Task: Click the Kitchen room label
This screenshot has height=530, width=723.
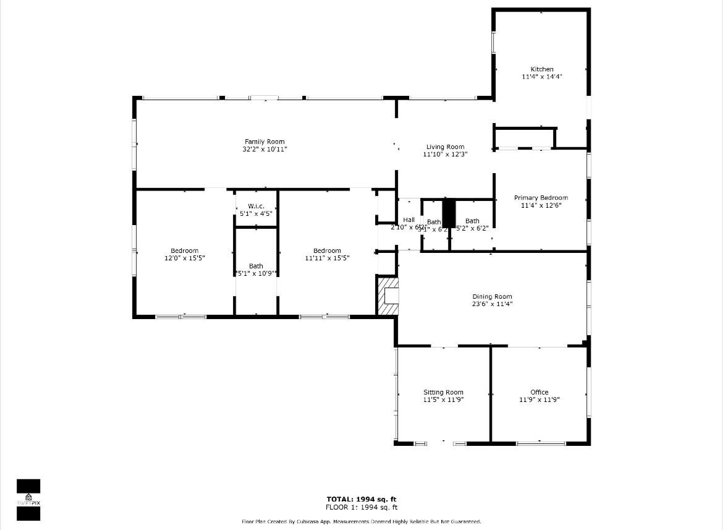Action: coord(542,69)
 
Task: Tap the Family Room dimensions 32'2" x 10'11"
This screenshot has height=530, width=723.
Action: coord(264,150)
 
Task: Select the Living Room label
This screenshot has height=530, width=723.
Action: coord(445,147)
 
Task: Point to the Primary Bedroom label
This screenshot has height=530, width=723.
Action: coord(541,198)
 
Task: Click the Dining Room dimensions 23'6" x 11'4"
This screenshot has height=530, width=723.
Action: coord(493,304)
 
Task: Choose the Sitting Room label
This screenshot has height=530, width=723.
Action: coord(443,392)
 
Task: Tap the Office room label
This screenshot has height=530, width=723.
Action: coord(539,392)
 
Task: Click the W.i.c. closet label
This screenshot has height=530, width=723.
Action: coord(256,206)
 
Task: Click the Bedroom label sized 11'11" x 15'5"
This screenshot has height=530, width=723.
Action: coord(327,251)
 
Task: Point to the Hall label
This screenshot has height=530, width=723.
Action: coord(408,220)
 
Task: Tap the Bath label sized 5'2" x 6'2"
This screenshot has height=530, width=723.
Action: coord(472,221)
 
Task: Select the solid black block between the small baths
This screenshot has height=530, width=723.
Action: coord(449,213)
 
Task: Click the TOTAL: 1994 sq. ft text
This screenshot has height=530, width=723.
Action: coord(361,499)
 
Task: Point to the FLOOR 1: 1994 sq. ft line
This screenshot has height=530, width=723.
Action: coord(361,507)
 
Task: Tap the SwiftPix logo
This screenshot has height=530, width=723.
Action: coord(28,499)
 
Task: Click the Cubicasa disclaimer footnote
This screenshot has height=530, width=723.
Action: coord(361,522)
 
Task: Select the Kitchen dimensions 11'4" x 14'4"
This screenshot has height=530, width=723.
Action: coord(542,77)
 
